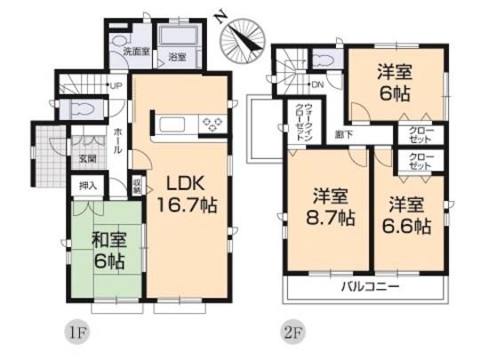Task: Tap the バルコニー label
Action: click(x=368, y=287)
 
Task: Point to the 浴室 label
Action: click(x=178, y=58)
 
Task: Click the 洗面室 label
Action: click(x=136, y=52)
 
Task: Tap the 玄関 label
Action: click(x=87, y=159)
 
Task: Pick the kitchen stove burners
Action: click(x=211, y=123)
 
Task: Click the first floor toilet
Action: click(x=87, y=108)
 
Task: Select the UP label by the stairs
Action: click(x=116, y=85)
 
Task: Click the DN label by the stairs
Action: click(x=317, y=85)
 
